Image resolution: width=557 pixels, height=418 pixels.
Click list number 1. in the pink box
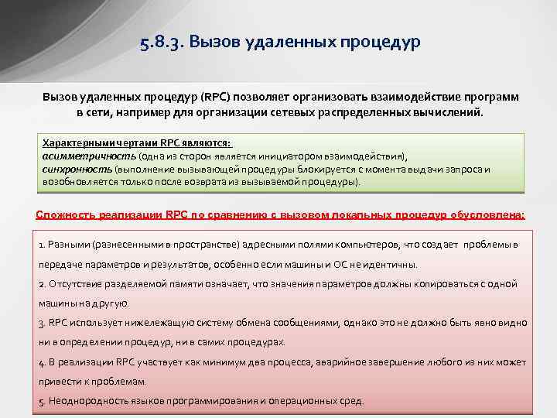click(x=42, y=245)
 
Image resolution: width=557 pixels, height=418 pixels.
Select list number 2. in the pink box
click(x=42, y=284)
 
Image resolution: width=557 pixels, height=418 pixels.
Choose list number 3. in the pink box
click(x=42, y=323)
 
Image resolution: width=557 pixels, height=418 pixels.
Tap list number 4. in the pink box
click(x=42, y=362)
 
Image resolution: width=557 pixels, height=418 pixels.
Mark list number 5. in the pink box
click(x=42, y=402)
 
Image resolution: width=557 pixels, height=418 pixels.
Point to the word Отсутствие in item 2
click(x=73, y=284)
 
